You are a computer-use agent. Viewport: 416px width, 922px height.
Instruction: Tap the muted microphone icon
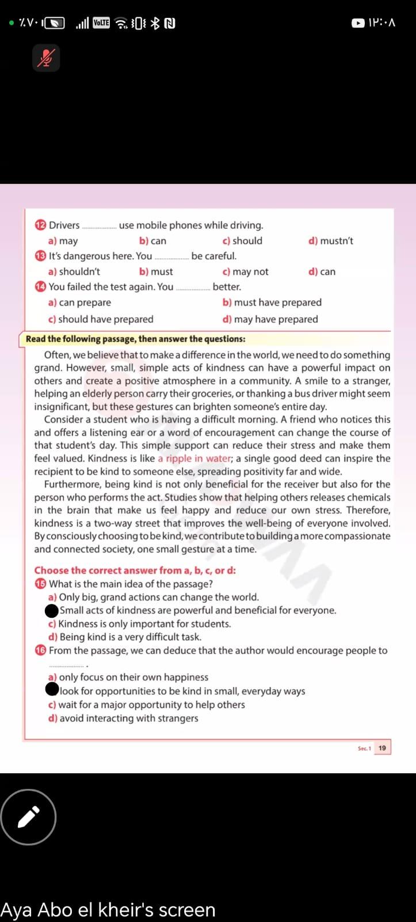tap(46, 58)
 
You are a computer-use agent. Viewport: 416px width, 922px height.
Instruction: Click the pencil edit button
tap(28, 817)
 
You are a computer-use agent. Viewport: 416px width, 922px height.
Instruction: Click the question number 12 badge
tap(40, 225)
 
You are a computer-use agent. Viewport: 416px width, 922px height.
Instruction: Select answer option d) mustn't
tap(331, 241)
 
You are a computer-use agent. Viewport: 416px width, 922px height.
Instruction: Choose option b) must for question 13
tap(156, 272)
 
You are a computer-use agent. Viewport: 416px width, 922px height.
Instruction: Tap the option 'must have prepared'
tap(272, 303)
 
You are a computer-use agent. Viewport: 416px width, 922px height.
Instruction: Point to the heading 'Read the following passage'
tap(135, 339)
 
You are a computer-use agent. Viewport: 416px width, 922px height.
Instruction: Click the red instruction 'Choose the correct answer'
tap(135, 570)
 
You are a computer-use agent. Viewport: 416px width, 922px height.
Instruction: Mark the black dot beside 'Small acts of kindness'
tap(52, 610)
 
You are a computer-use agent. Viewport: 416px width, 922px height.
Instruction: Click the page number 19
tap(382, 748)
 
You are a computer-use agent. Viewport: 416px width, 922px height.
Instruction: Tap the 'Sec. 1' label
tap(364, 749)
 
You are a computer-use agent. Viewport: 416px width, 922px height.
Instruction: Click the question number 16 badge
tap(40, 651)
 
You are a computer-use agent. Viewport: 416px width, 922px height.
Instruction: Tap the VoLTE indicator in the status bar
tap(101, 23)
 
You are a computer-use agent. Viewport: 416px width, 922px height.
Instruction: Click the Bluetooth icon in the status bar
tap(155, 23)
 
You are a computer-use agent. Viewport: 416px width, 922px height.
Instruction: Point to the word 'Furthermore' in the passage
tap(71, 485)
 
